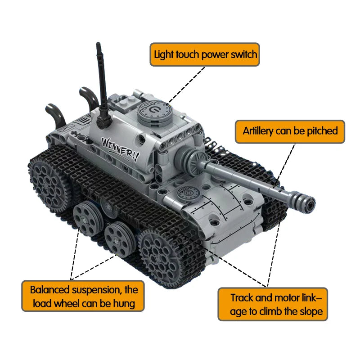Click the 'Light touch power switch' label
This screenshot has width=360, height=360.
click(205, 54)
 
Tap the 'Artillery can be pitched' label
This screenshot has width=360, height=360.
click(290, 131)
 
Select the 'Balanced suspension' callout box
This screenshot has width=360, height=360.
click(83, 296)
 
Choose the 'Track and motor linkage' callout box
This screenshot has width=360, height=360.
click(273, 304)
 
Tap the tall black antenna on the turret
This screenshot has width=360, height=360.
click(103, 85)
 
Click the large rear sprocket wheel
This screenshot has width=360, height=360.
click(48, 184)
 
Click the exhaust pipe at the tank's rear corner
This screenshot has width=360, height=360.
click(55, 114)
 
